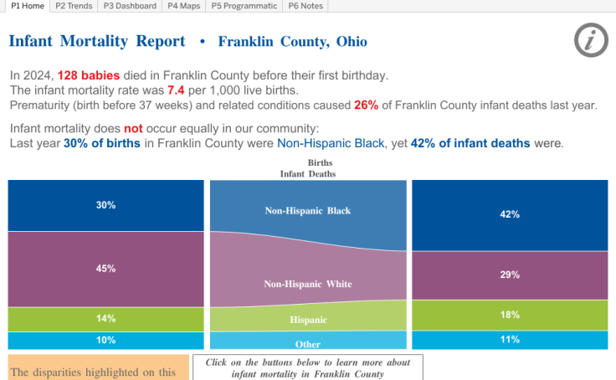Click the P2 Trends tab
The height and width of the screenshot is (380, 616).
(74, 6)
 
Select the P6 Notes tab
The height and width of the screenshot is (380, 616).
(305, 6)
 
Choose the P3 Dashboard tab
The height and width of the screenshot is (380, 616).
(131, 6)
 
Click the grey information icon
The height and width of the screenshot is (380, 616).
(591, 40)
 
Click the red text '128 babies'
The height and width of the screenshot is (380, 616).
(85, 75)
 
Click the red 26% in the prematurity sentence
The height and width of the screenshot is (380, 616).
(366, 105)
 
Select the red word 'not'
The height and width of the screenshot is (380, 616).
(133, 129)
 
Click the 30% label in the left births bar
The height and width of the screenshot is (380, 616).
(105, 205)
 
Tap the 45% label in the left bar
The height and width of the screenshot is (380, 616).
(105, 269)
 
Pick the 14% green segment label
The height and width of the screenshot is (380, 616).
(105, 319)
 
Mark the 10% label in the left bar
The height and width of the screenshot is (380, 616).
(105, 340)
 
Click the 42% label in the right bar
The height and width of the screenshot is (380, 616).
(510, 214)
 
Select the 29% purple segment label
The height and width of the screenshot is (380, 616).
(510, 275)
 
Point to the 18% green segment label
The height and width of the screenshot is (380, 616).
(510, 315)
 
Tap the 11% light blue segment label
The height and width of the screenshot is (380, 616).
(510, 340)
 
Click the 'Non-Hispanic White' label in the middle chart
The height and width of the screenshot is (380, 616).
(308, 285)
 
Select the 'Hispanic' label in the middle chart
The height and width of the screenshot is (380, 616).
(308, 320)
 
